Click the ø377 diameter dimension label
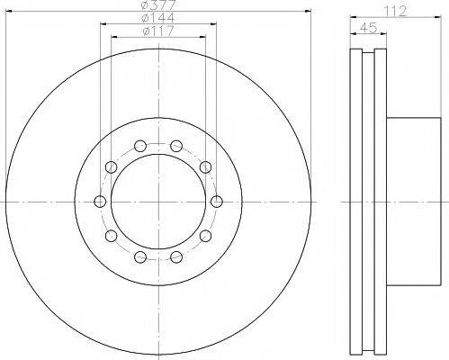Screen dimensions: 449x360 pos(158,4)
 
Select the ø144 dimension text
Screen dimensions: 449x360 pos(158,18)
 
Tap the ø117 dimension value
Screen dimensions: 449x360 pos(158,31)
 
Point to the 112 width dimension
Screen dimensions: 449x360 pos(396,11)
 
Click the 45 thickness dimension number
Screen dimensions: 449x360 pos(368,28)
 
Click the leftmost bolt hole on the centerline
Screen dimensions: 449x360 pos(100,202)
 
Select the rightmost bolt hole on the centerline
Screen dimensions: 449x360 pos(217,202)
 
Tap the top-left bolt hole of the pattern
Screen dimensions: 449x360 pos(140,146)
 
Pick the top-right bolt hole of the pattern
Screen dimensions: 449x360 pos(176,146)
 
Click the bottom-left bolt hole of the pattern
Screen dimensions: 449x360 pos(140,256)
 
